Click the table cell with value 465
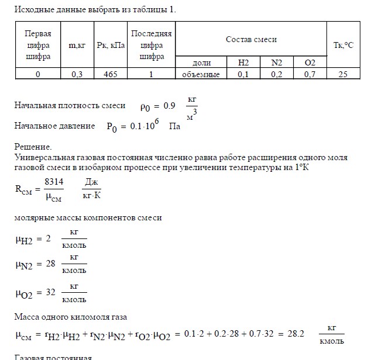point(110,74)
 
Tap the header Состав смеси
point(251,39)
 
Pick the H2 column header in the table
point(243,63)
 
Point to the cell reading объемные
point(202,74)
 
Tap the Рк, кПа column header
point(110,44)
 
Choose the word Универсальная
point(41,158)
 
